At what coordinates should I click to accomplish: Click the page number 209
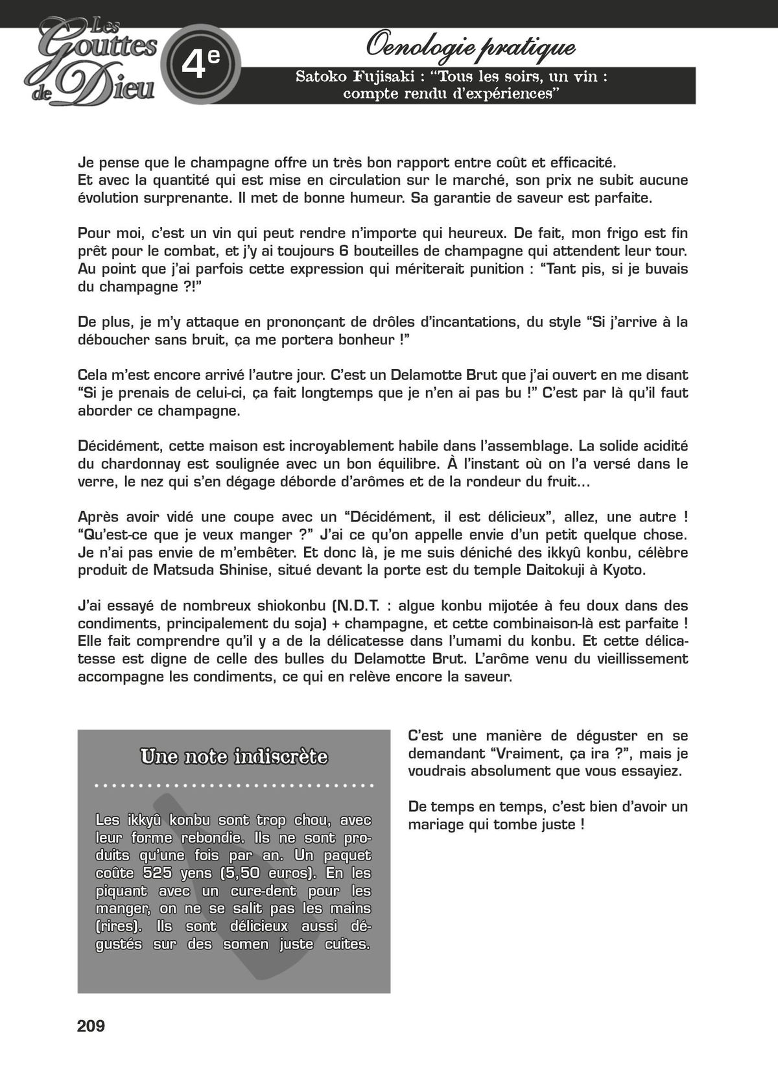point(91,1026)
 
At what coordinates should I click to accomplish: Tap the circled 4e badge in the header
point(200,64)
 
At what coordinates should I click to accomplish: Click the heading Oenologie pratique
point(471,47)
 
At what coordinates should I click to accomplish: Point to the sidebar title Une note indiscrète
point(234,757)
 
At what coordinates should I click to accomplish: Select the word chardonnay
point(139,464)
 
